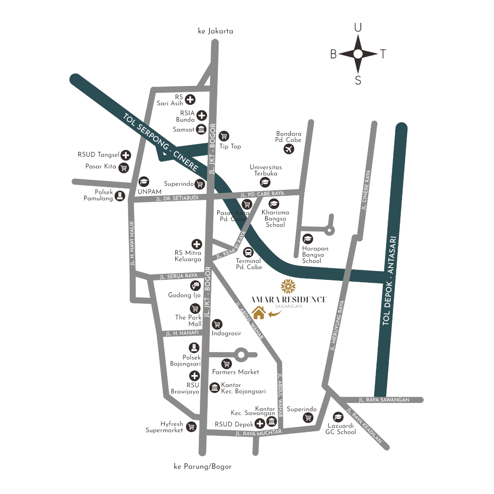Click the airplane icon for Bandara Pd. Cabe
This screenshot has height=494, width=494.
click(289, 149)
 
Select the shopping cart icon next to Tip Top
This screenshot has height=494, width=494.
click(224, 136)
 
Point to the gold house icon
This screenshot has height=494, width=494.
click(259, 312)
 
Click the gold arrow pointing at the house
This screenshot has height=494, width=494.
click(275, 313)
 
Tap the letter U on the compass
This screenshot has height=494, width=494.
click(358, 28)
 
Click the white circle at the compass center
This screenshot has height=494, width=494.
click(358, 54)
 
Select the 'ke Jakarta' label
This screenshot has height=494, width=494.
click(215, 31)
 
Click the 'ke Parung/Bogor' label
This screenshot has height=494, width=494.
click(203, 467)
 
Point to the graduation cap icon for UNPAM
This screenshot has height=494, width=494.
click(144, 182)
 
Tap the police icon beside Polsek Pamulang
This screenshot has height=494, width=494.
click(120, 196)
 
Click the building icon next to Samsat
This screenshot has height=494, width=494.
click(201, 130)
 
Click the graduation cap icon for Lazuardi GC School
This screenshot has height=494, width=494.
click(338, 417)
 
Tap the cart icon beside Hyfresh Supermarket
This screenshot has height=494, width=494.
click(191, 427)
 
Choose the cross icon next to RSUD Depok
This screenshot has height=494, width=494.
click(260, 423)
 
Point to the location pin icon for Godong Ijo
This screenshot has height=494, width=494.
click(196, 286)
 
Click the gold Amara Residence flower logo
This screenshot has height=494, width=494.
click(288, 286)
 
